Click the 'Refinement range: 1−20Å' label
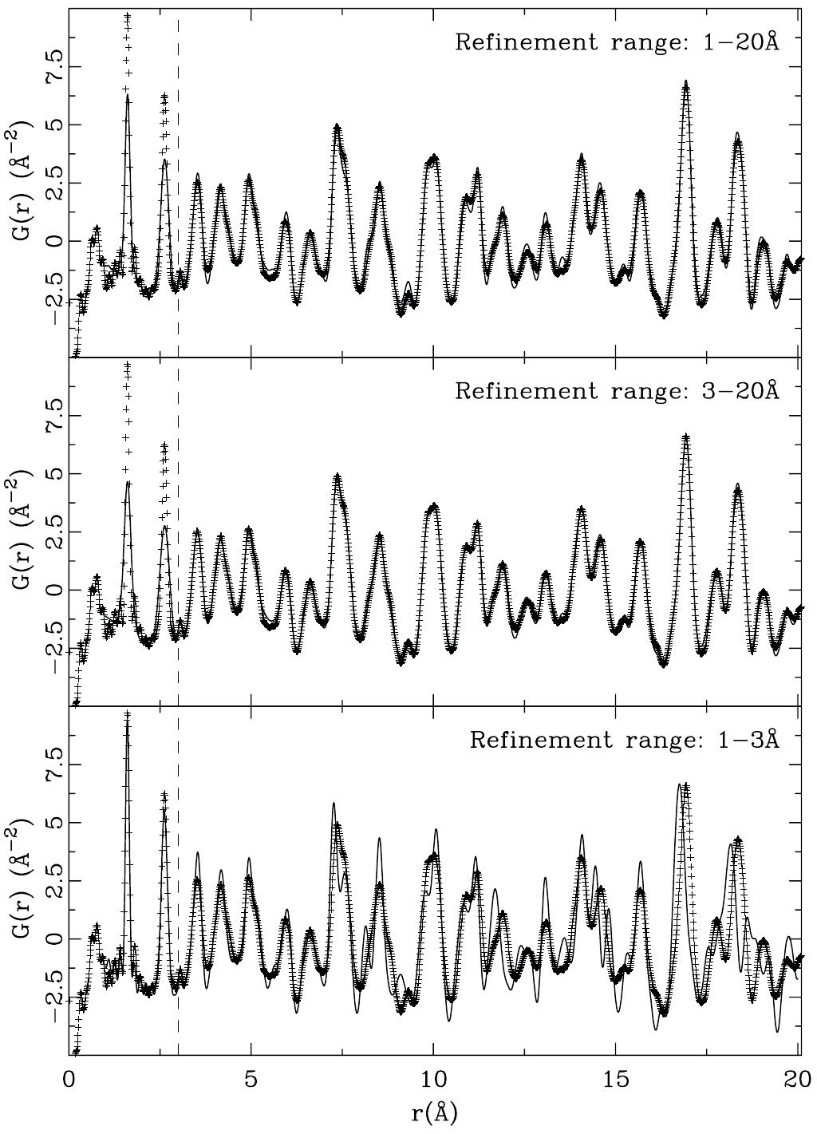[x=616, y=41]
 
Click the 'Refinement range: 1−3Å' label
[x=623, y=739]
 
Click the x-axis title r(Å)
[x=435, y=1113]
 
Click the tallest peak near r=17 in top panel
[x=685, y=83]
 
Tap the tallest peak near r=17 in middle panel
[x=685, y=437]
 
